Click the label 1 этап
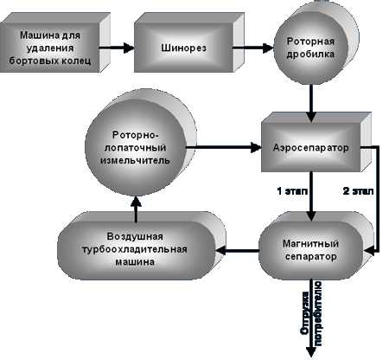click(292, 191)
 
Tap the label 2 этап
click(358, 191)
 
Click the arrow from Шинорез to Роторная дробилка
click(252, 48)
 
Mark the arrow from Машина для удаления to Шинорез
click(117, 48)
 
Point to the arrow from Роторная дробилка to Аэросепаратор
click(311, 103)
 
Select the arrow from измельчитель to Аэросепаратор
click(224, 147)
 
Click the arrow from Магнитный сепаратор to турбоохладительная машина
click(238, 250)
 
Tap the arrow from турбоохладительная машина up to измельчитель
click(136, 209)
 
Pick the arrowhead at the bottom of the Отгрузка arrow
click(311, 352)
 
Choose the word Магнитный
click(310, 244)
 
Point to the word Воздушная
click(135, 236)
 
